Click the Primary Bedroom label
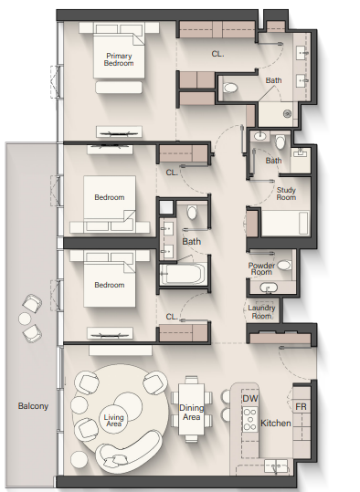click(119, 59)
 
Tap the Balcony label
click(33, 406)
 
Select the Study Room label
click(286, 194)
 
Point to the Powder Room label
click(261, 269)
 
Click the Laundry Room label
click(261, 312)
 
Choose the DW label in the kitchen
click(250, 399)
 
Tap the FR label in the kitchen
click(301, 407)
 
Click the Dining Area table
click(191, 409)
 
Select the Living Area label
click(113, 421)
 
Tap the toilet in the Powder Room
click(284, 266)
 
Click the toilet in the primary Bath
click(230, 88)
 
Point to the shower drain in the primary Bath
click(287, 114)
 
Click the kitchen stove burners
click(250, 419)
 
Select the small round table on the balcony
click(25, 319)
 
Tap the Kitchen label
click(276, 424)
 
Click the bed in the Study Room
click(286, 224)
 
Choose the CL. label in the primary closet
click(217, 54)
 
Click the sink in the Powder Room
click(269, 288)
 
